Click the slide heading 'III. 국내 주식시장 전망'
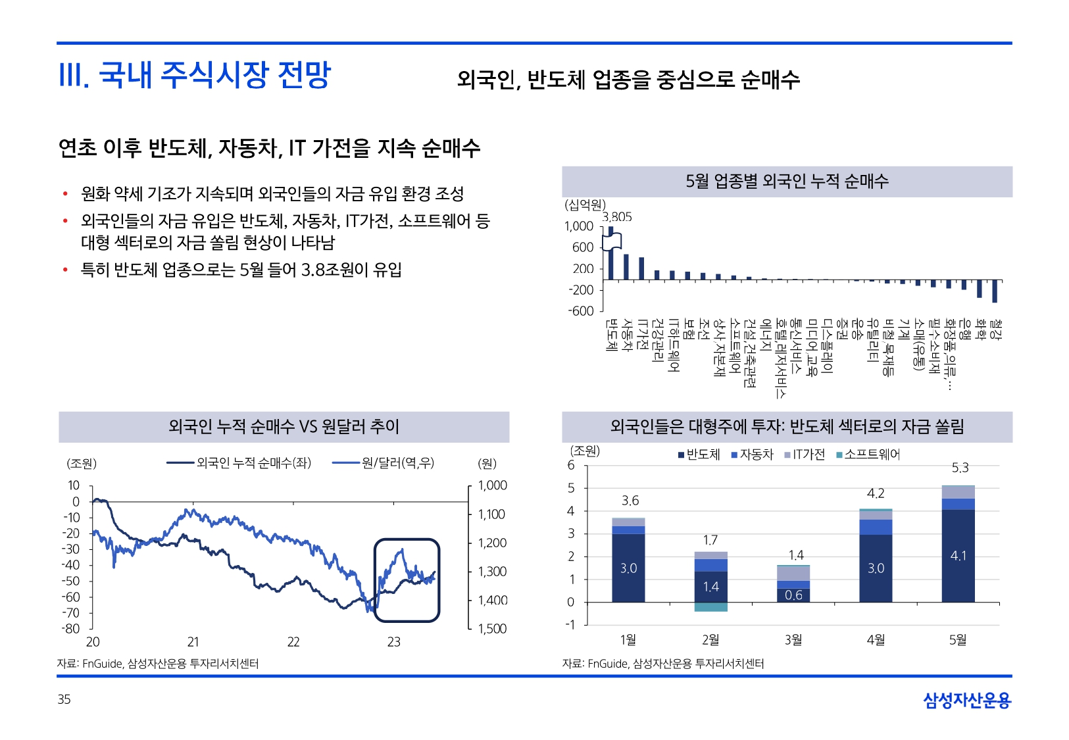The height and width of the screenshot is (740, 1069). click(x=195, y=74)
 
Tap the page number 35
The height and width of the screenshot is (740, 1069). click(x=64, y=699)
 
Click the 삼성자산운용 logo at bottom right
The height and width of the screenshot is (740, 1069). click(x=966, y=701)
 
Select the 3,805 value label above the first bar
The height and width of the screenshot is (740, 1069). click(x=616, y=217)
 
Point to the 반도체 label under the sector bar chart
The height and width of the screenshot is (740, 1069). click(x=611, y=335)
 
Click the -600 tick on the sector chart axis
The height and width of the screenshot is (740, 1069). click(x=581, y=311)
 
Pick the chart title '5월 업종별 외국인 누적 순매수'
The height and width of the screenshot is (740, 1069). click(x=787, y=182)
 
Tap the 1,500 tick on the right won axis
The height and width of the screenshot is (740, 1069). click(x=492, y=629)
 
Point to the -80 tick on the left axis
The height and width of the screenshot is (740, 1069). click(x=71, y=629)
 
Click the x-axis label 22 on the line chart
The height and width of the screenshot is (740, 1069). click(x=293, y=642)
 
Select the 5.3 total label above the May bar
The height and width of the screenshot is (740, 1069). click(x=960, y=468)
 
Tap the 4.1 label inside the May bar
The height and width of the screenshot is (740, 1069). click(x=958, y=556)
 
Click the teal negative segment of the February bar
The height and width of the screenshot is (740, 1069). click(x=711, y=607)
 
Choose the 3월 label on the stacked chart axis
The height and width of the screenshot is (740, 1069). click(x=793, y=639)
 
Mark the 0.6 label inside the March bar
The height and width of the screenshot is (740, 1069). click(x=793, y=595)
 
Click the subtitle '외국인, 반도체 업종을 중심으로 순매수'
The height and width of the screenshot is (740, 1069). click(x=628, y=80)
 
